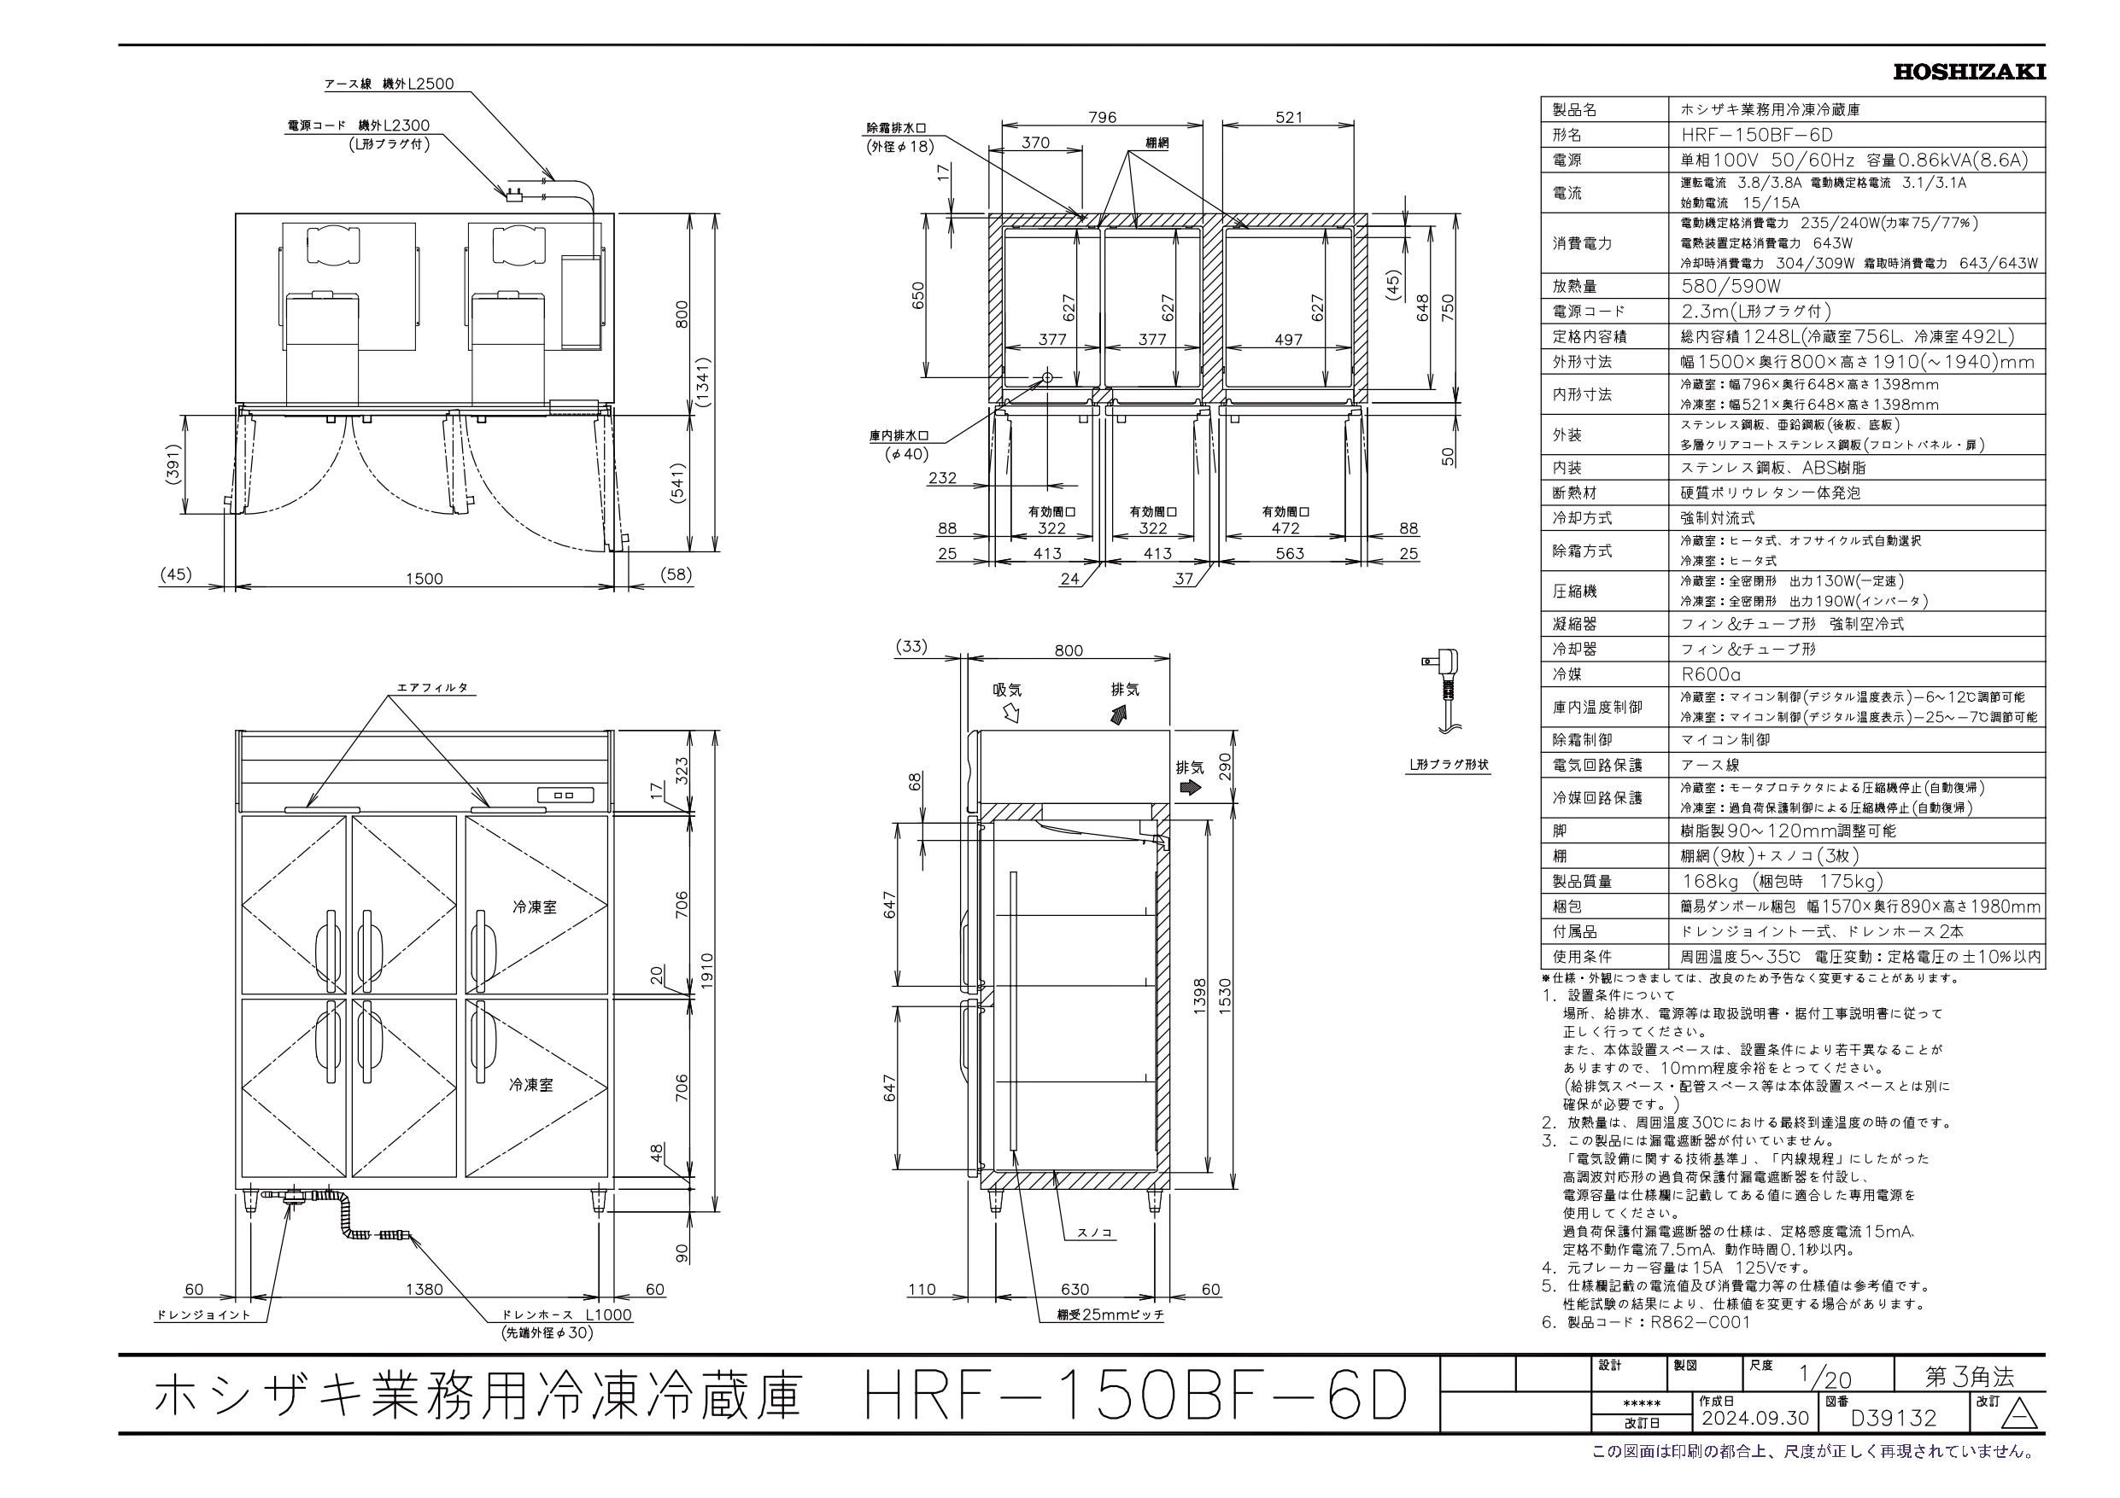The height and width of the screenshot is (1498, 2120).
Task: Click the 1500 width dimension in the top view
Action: (424, 579)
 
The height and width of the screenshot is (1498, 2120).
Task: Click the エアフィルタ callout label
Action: (432, 689)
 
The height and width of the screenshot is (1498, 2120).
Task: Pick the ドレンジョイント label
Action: (202, 1315)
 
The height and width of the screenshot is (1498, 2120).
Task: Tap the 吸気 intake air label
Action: (1007, 690)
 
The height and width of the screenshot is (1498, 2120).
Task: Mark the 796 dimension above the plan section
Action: (1102, 117)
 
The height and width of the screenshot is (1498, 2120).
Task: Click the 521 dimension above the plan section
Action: (1288, 117)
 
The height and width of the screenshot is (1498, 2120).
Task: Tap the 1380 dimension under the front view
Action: (424, 1290)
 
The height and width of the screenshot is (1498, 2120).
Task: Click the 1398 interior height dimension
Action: (1199, 998)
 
